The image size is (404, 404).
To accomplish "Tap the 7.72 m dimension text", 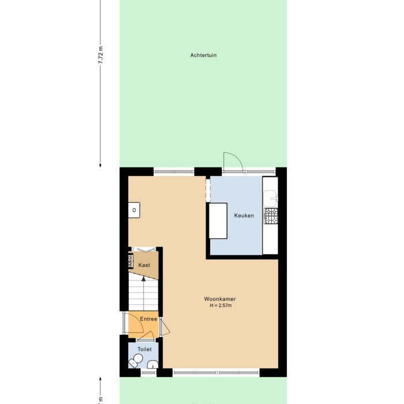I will click(100, 56).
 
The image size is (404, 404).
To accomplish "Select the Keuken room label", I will click(244, 215).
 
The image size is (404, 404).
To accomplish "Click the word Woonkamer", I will click(220, 299).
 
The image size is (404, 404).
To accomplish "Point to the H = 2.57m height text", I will click(220, 305).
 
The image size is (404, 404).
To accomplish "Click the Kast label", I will click(144, 265).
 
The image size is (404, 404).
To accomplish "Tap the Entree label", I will click(148, 319).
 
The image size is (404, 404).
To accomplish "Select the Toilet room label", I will click(145, 349).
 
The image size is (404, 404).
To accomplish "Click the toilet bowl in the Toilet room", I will click(136, 361).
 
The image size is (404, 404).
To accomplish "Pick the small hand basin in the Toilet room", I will click(152, 364).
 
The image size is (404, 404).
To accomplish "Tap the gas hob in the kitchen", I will click(271, 216).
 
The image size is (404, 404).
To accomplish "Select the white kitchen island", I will click(218, 220).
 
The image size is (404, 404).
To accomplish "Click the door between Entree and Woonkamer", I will click(165, 328).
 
